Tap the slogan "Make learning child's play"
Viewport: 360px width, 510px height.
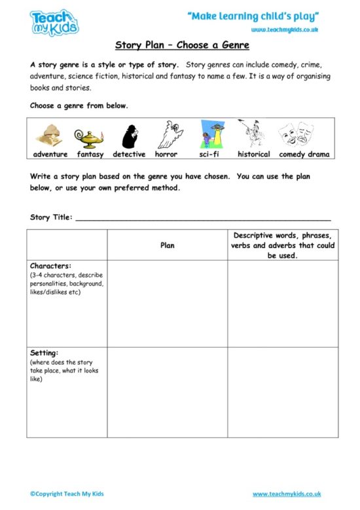(x=253, y=16)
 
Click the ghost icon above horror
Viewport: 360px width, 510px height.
(x=167, y=135)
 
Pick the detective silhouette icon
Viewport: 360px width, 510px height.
(x=129, y=136)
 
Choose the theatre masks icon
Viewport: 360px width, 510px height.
(x=295, y=136)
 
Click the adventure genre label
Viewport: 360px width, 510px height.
(x=50, y=155)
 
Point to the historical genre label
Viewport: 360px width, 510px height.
(x=254, y=155)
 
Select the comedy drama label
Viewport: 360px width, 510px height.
(x=304, y=155)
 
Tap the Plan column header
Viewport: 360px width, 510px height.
(x=168, y=246)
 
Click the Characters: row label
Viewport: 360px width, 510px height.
(x=50, y=266)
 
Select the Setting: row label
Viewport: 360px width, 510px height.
(x=45, y=353)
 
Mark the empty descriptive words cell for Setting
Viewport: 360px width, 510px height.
(x=283, y=392)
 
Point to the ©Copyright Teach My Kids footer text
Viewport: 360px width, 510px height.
(x=67, y=494)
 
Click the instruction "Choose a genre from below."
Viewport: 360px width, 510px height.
(x=79, y=105)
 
